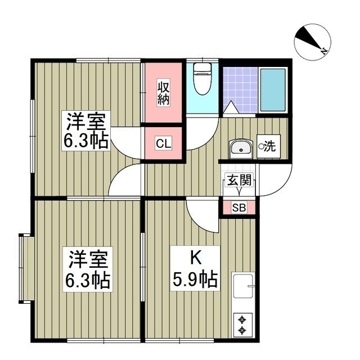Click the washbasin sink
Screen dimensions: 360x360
click(x=241, y=148)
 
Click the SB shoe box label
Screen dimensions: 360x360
click(x=238, y=208)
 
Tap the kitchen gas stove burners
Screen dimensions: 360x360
click(x=243, y=323)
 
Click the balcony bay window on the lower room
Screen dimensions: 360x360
click(x=24, y=269)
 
